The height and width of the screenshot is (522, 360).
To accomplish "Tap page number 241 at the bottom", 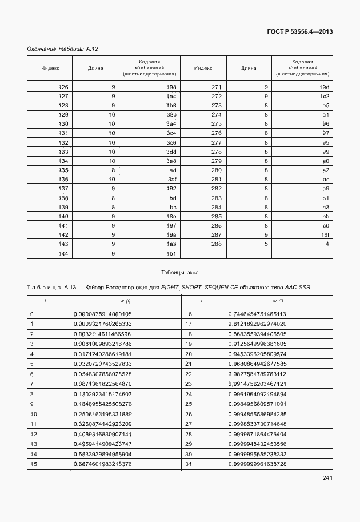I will click(x=327, y=478).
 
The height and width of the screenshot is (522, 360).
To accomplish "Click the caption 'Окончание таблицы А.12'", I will click(x=55, y=50).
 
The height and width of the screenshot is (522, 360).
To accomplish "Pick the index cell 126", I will click(x=63, y=87).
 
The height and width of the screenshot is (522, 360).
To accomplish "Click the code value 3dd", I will click(x=171, y=152).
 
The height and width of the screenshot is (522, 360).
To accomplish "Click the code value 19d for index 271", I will click(x=325, y=87).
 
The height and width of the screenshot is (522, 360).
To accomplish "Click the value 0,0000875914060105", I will click(x=103, y=314).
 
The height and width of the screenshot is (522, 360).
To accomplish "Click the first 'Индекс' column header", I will click(x=50, y=67).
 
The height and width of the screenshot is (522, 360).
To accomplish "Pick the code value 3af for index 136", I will click(x=171, y=179).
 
